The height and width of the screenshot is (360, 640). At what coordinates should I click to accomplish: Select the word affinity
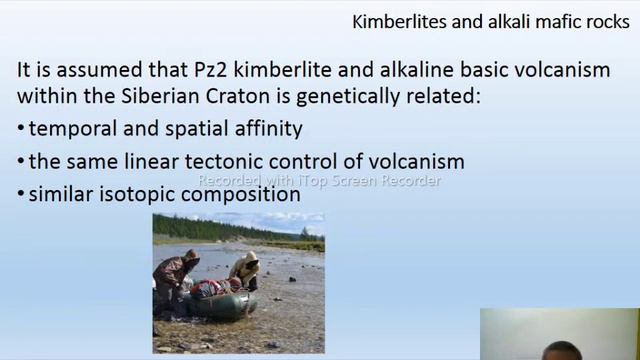click(x=265, y=129)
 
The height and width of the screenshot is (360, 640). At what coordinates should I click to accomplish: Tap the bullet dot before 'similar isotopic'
click(x=21, y=195)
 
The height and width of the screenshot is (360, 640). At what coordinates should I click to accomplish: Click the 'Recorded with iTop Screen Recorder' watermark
click(x=319, y=181)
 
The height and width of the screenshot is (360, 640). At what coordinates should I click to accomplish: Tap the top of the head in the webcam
click(x=563, y=346)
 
